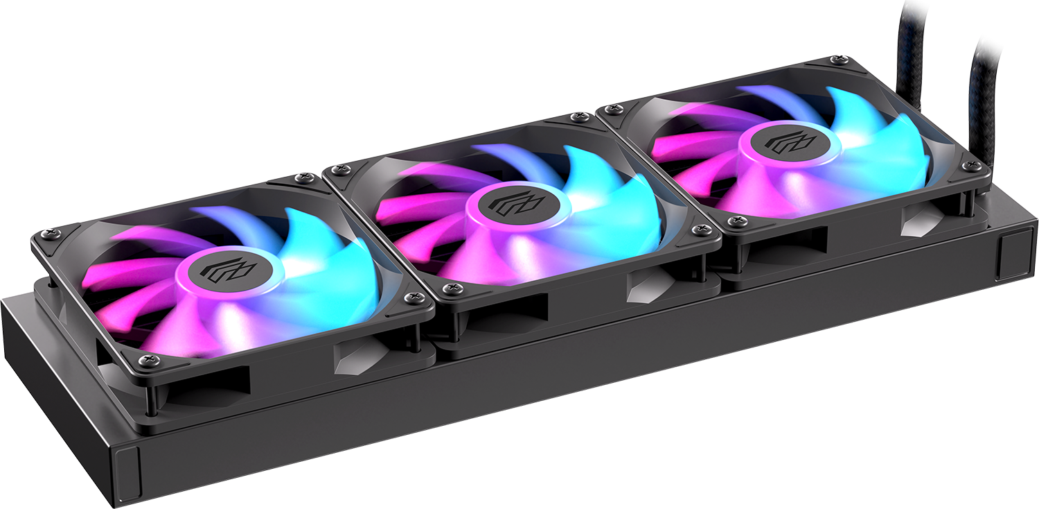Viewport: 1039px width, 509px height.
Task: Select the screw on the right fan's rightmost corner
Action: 975,166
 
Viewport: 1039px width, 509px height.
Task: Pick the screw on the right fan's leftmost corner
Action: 610,110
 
